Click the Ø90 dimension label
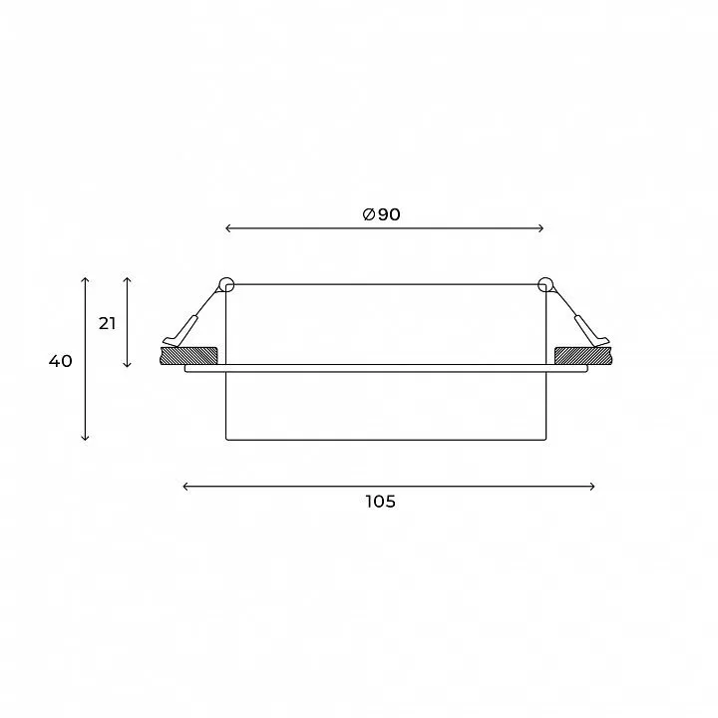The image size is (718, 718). [381, 214]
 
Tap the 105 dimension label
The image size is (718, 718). [381, 502]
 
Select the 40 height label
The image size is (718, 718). [61, 361]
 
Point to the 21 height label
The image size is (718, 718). [107, 324]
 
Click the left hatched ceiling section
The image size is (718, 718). [188, 356]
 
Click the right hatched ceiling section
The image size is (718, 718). [583, 356]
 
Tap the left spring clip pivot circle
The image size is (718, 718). [226, 284]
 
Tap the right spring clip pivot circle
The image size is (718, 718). [544, 284]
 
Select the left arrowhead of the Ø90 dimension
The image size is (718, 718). [228, 228]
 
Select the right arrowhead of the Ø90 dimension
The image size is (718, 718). [540, 228]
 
